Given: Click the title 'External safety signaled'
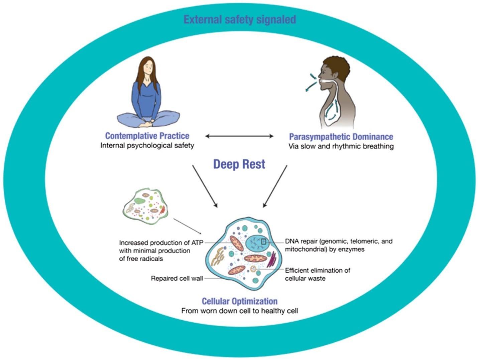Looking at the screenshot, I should [240, 19].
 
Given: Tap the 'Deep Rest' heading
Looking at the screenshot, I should [239, 164].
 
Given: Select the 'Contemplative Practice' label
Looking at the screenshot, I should [147, 136].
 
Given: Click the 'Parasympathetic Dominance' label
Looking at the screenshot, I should [341, 137].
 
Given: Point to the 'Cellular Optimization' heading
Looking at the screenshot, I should [240, 301].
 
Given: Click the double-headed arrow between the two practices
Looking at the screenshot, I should [239, 136].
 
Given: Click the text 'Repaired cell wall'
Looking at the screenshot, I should [177, 278].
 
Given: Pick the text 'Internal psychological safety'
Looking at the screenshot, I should [147, 146].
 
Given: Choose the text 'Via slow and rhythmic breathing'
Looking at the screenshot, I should [341, 146].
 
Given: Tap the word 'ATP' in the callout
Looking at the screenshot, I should [197, 243].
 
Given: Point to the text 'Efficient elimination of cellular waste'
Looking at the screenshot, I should [318, 274].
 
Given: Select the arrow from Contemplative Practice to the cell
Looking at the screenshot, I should [205, 186].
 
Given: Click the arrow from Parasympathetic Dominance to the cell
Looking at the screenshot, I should [275, 186].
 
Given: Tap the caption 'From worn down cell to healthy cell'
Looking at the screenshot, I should [240, 311].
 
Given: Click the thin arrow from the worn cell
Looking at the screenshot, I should [187, 227].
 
